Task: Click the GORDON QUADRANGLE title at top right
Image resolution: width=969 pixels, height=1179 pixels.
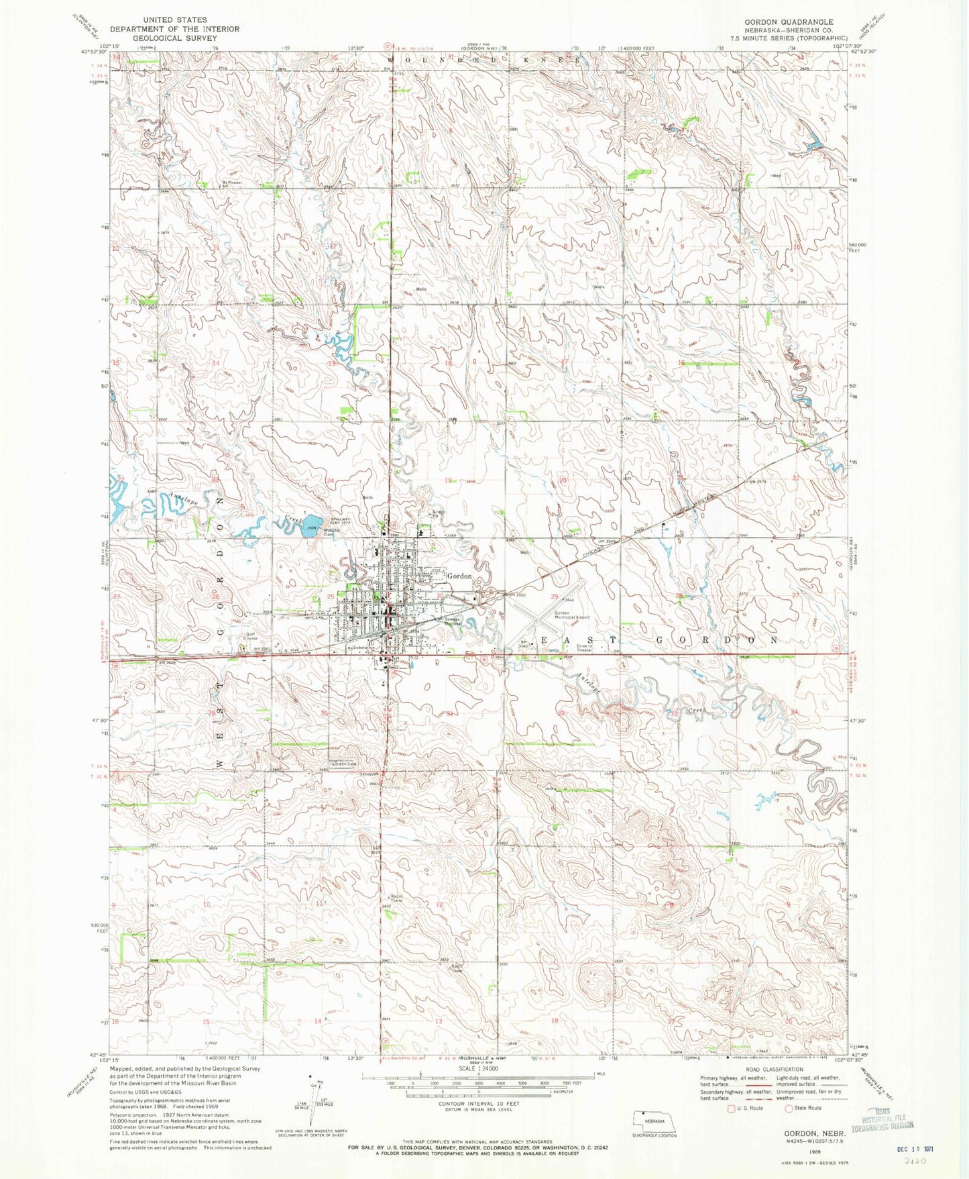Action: [789, 22]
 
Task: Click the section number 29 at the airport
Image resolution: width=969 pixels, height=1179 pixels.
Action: [555, 597]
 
